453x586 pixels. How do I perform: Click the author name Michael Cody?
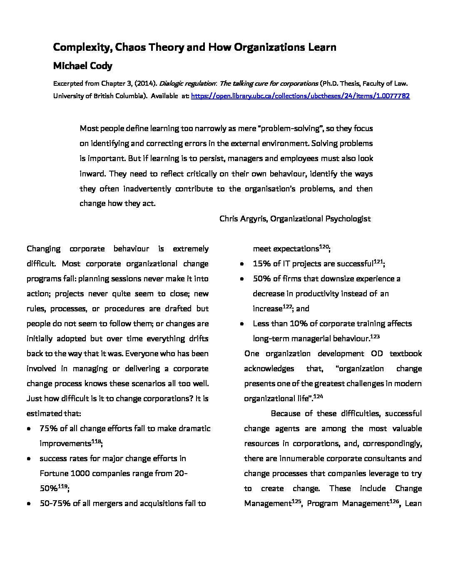tap(82, 66)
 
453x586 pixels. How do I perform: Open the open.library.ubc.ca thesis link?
tap(300, 96)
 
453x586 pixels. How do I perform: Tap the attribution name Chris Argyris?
tap(243, 219)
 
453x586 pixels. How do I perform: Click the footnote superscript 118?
tap(96, 441)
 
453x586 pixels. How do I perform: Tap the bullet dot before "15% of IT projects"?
tap(242, 264)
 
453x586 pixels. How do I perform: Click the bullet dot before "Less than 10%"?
tap(242, 324)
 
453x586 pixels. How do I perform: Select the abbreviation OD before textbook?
tap(377, 354)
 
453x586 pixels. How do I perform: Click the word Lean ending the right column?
tap(413, 504)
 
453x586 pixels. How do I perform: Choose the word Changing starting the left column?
tap(43, 249)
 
